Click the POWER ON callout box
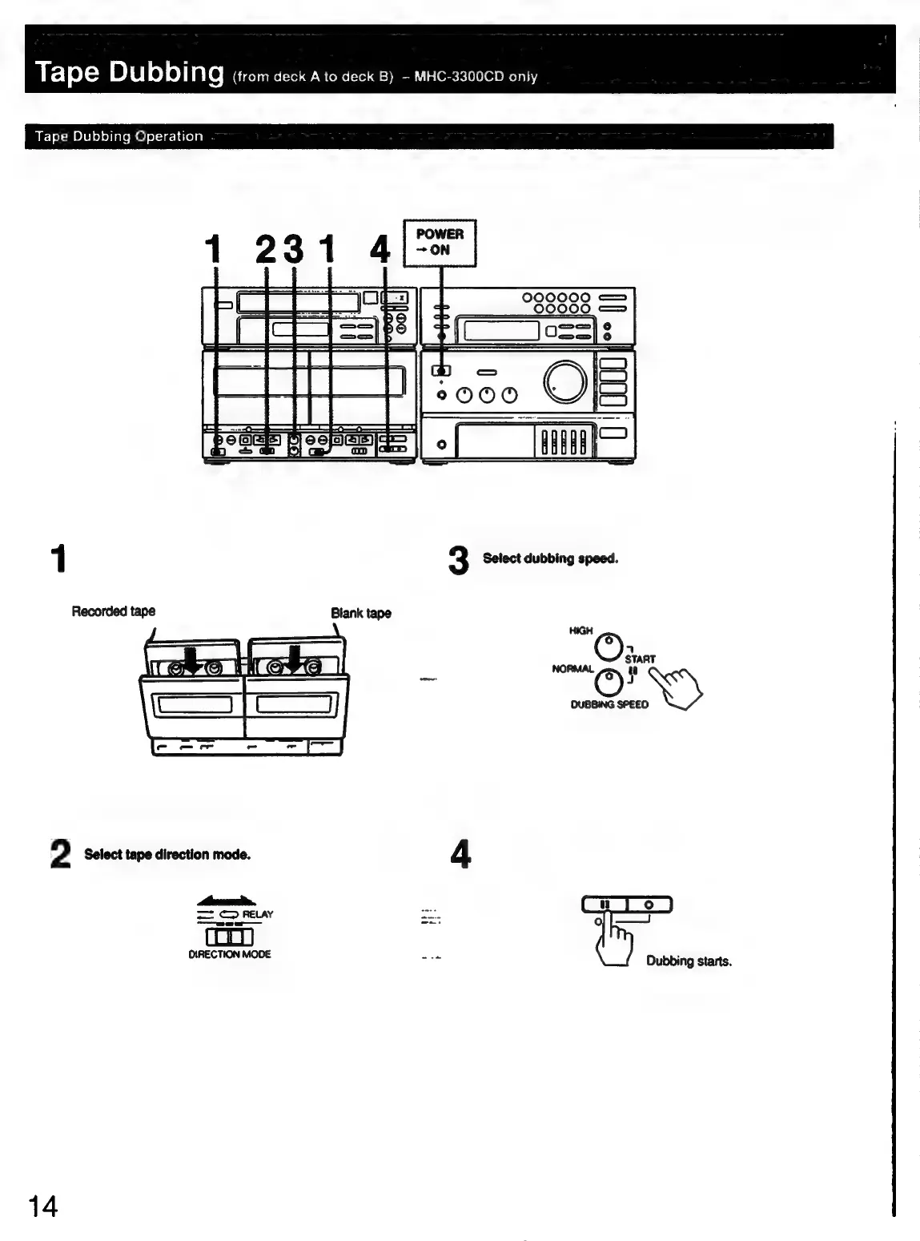[440, 242]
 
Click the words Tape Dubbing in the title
[129, 72]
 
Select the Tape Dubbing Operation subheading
[119, 136]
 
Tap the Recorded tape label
[114, 611]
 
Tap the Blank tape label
[361, 614]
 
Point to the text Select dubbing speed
[550, 558]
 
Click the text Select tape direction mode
[167, 854]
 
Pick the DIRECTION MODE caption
[230, 954]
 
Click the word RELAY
[258, 914]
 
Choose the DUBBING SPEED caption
[609, 705]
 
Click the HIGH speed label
[581, 631]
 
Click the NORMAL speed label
[573, 668]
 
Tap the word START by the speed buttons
[640, 659]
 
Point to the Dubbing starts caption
[689, 961]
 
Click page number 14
[43, 1206]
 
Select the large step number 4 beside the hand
[460, 855]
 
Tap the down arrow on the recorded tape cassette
[191, 659]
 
